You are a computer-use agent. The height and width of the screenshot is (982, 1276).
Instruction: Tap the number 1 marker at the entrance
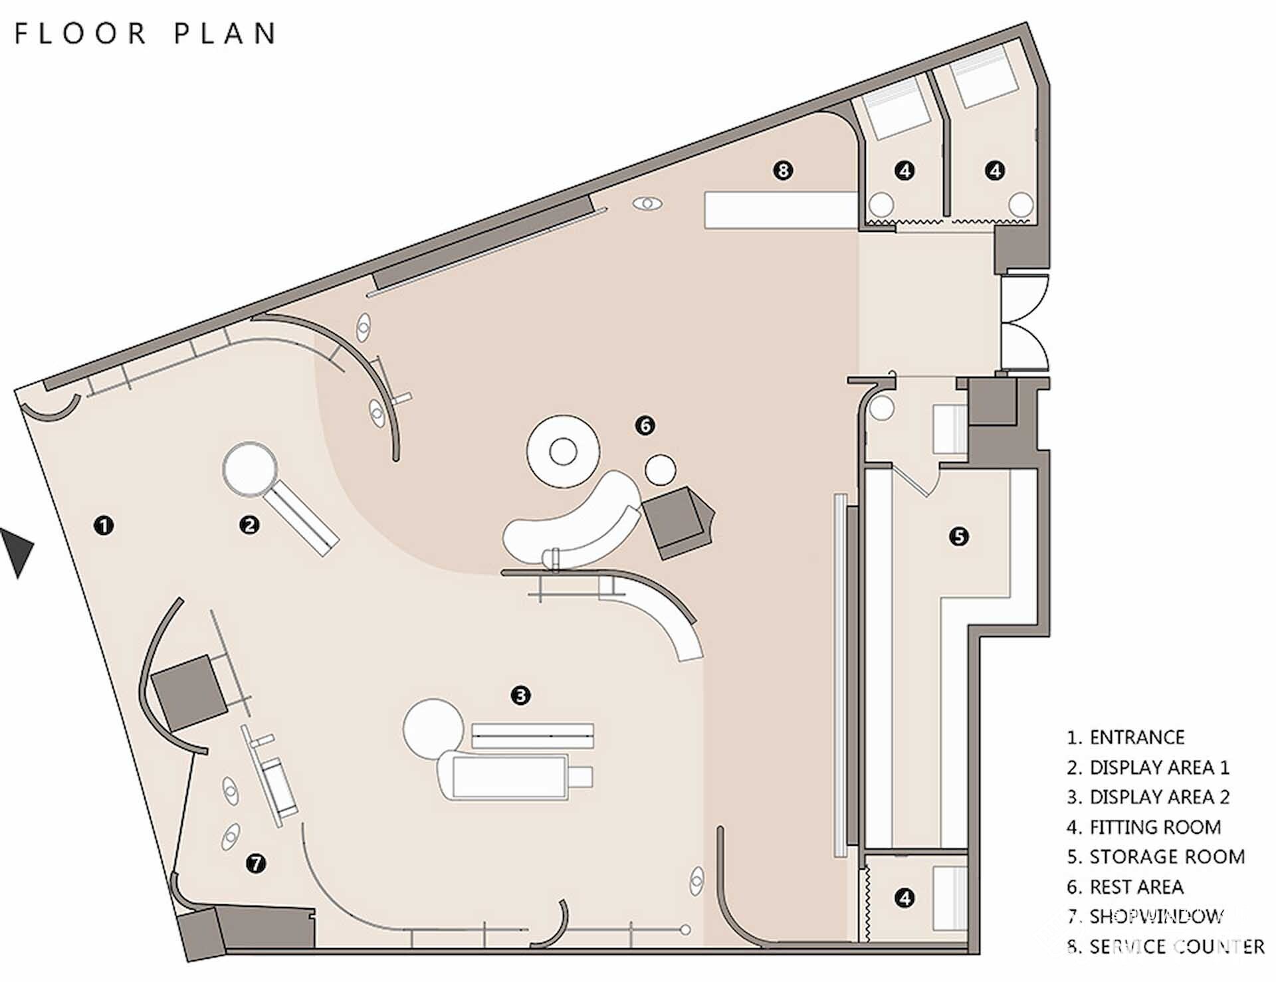pyautogui.click(x=104, y=526)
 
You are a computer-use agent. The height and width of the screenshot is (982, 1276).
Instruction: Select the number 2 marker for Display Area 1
pyautogui.click(x=249, y=526)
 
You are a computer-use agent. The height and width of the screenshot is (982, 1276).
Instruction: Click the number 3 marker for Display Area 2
pyautogui.click(x=520, y=696)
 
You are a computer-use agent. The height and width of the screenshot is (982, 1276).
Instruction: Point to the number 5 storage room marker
pyautogui.click(x=959, y=536)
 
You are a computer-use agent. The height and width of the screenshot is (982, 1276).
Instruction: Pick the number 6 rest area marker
pyautogui.click(x=645, y=425)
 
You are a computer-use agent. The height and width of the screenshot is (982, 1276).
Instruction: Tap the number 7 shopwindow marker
pyautogui.click(x=256, y=864)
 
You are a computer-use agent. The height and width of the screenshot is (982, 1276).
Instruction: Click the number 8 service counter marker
pyautogui.click(x=783, y=171)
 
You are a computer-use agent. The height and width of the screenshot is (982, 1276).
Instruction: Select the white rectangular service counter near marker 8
pyautogui.click(x=782, y=211)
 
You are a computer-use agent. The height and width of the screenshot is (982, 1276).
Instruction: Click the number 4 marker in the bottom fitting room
pyautogui.click(x=904, y=898)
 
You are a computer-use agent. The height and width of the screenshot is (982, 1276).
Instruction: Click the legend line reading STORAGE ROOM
pyautogui.click(x=1156, y=857)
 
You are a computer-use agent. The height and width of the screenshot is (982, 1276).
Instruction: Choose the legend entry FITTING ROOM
pyautogui.click(x=1144, y=827)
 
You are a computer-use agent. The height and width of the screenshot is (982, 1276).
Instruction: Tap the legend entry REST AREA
pyautogui.click(x=1125, y=887)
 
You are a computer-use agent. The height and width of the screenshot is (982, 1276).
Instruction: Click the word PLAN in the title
pyautogui.click(x=225, y=33)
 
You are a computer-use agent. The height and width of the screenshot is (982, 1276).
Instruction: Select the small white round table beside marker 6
pyautogui.click(x=661, y=469)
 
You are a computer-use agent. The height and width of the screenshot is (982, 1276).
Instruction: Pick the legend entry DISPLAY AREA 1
pyautogui.click(x=1148, y=767)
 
